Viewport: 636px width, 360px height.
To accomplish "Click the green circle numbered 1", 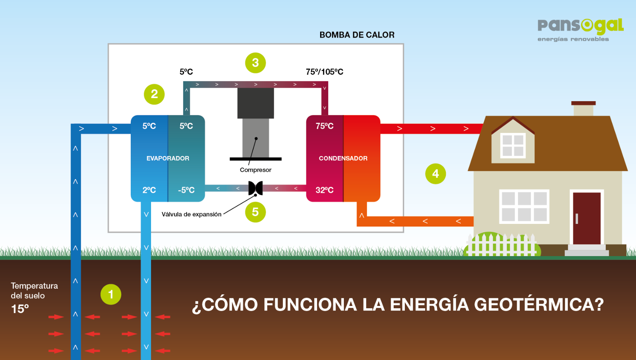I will tap(111, 294).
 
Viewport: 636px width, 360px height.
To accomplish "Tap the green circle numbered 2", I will tap(154, 94).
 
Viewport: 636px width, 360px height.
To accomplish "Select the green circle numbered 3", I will tap(255, 63).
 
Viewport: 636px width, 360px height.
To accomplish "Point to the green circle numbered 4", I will tap(436, 174).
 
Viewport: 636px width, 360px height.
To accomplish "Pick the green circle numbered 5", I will tap(255, 212).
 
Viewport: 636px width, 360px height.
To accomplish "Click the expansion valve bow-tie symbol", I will tap(255, 188).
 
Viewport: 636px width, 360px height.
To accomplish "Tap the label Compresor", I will tap(255, 170).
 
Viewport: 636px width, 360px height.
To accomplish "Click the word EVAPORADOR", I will tap(168, 158).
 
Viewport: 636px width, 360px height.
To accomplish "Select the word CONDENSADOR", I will tap(343, 158).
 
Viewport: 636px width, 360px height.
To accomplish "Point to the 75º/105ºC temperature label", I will tap(324, 72).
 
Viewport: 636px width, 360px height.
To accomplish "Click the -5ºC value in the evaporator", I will tap(186, 190).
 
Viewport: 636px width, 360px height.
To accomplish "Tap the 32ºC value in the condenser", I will tap(324, 190).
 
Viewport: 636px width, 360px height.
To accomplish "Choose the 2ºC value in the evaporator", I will tap(149, 190).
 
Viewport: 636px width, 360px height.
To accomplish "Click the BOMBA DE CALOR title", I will tap(357, 35).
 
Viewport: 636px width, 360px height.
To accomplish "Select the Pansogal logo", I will tap(580, 29).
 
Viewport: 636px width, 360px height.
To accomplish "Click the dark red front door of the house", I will tap(587, 218).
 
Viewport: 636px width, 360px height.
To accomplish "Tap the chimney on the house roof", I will tap(583, 109).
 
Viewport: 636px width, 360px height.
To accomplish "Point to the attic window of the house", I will tap(513, 146).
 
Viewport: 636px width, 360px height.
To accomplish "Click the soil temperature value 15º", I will tap(20, 309).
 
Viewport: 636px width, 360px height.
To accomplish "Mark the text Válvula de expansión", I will tap(191, 214).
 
